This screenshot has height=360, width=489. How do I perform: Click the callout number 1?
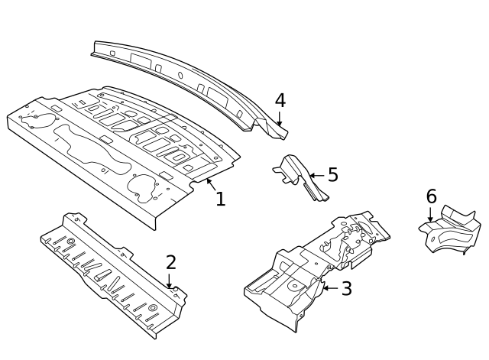[221, 199]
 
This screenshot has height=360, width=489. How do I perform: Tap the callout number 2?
[171, 262]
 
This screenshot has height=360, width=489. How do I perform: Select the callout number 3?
[346, 289]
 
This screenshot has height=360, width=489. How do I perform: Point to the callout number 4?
[280, 100]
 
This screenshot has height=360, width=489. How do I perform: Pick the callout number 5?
[333, 175]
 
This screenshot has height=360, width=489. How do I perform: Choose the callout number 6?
[431, 197]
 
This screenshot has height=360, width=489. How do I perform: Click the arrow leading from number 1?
[211, 185]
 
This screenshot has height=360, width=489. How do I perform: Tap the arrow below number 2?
[169, 281]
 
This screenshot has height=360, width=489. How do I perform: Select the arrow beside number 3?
[331, 288]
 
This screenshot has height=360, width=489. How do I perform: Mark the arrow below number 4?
[280, 118]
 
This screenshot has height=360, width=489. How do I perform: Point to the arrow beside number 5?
[317, 176]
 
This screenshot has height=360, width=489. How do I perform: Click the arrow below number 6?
[430, 215]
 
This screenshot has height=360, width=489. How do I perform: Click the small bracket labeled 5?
[300, 177]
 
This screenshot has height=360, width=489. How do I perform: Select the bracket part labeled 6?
[449, 229]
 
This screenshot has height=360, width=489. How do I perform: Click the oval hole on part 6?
[433, 239]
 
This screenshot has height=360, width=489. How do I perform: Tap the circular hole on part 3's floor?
[294, 285]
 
